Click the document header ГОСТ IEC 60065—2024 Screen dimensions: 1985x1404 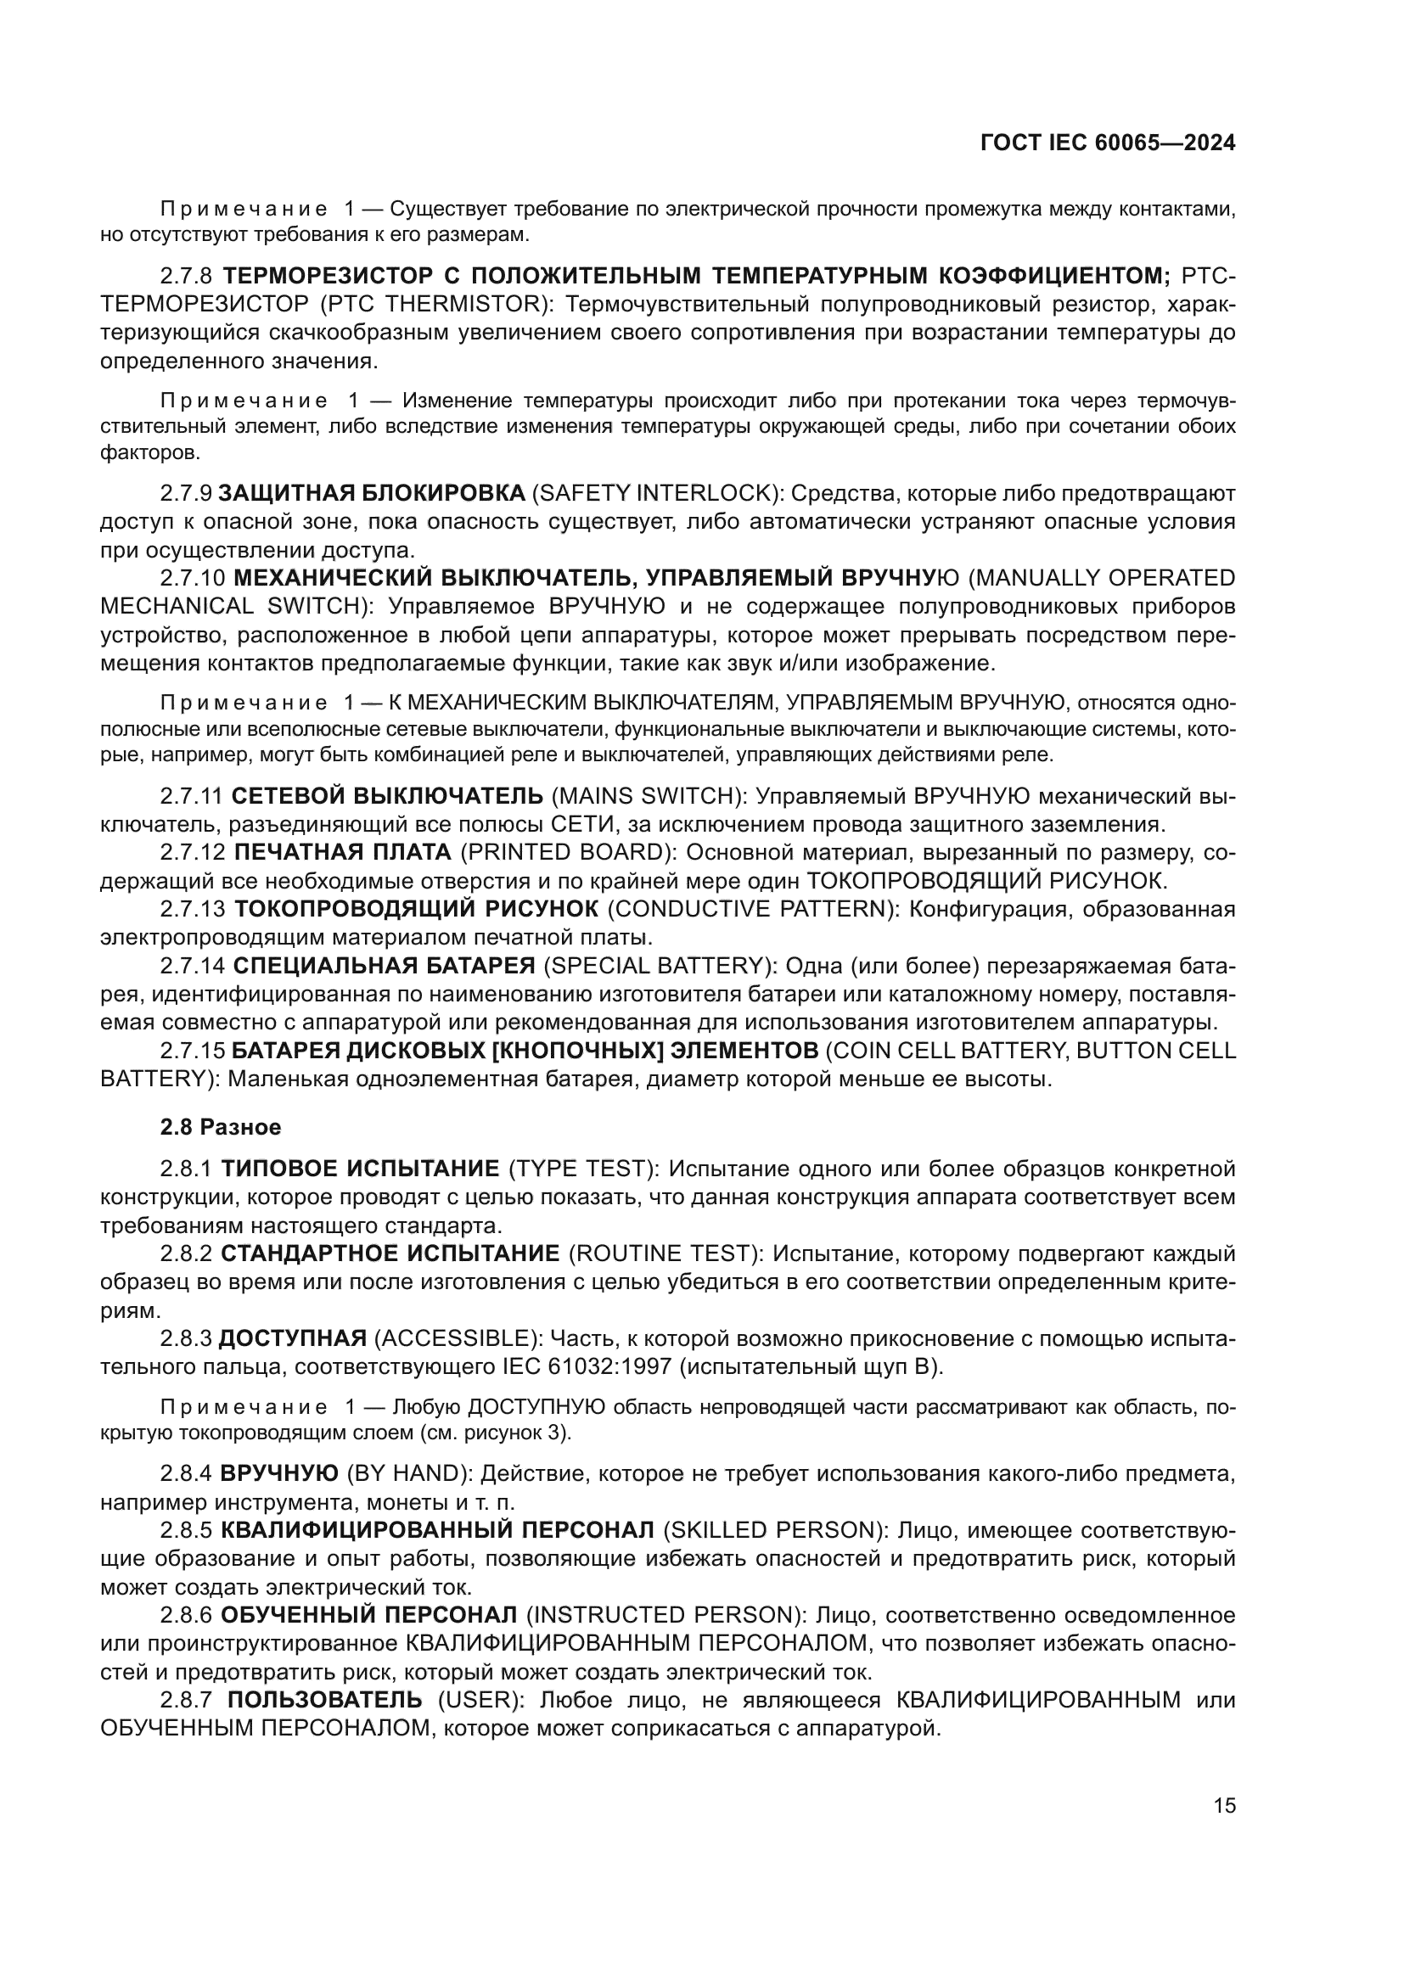[x=1108, y=143]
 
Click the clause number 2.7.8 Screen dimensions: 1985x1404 [x=186, y=276]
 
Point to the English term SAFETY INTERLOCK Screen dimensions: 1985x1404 [x=655, y=493]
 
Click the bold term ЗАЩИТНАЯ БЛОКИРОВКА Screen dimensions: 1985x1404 [x=372, y=493]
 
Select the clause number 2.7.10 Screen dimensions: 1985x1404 [x=193, y=578]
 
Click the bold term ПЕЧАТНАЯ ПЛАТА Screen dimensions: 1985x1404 [x=343, y=852]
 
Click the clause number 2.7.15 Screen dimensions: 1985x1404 [x=193, y=1051]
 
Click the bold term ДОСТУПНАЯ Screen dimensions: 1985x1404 [x=293, y=1338]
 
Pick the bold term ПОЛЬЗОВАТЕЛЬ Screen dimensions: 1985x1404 [x=325, y=1700]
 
